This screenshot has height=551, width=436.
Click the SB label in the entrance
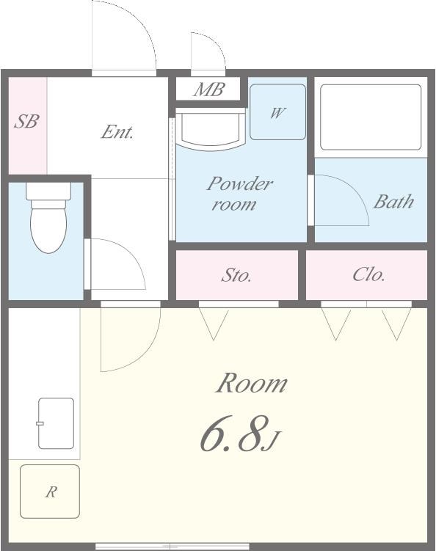pos(26,121)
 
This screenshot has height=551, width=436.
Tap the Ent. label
pos(117,132)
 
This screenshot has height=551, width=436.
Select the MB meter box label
pos(209,90)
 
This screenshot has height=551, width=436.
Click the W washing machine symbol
pos(277,112)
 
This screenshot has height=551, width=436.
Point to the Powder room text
pos(239,194)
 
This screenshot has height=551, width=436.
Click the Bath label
pos(393,202)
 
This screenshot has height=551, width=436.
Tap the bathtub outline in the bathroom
pos(371,117)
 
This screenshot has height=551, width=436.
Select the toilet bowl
pos(48,227)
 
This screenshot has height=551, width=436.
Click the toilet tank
pos(48,191)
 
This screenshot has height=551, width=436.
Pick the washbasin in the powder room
pos(210,129)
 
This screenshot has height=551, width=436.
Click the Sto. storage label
pos(236,276)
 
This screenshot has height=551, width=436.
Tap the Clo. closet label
pos(368,274)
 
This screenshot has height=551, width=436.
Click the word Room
pos(252,383)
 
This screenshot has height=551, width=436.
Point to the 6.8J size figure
pos(240,434)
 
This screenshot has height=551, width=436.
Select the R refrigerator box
pos(50,492)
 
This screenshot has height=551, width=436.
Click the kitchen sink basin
pos(57,423)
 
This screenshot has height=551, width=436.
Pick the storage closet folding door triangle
pos(214,324)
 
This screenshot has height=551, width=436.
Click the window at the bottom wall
pos(172,547)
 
